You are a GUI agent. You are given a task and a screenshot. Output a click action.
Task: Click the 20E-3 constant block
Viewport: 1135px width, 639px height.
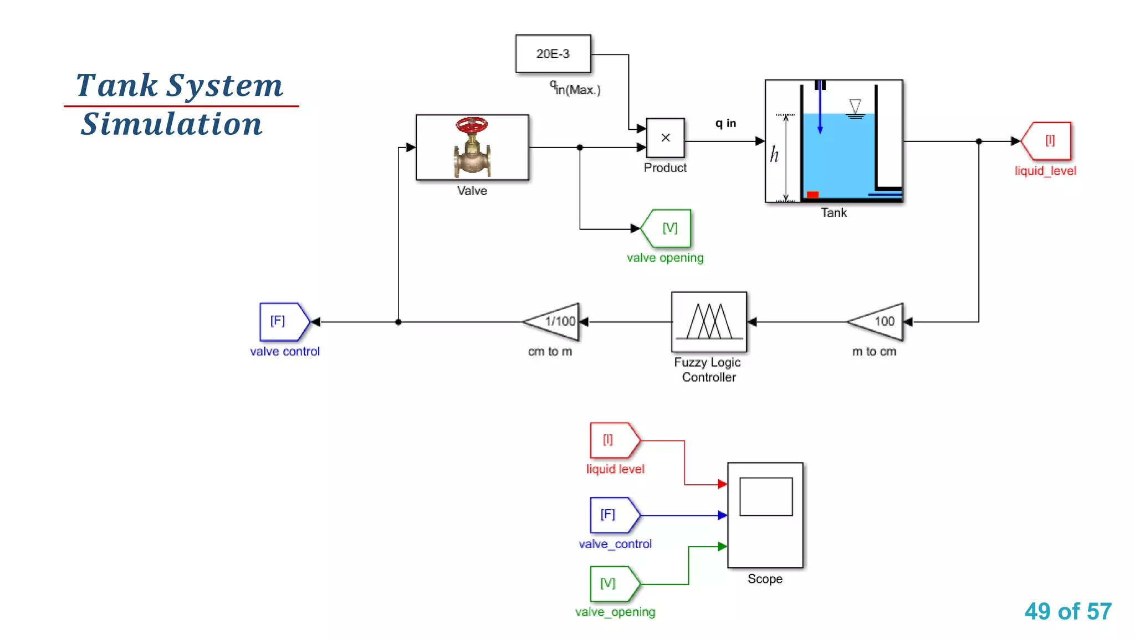coord(553,54)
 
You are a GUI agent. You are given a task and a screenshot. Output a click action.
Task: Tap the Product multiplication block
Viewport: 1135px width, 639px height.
coord(665,138)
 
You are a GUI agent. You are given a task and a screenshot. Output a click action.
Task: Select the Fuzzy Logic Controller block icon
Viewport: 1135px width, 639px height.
coord(709,322)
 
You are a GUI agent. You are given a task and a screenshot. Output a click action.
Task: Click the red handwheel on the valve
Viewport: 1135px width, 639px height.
coord(472,125)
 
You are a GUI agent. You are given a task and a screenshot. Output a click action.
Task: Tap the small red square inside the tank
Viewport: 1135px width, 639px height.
coord(812,194)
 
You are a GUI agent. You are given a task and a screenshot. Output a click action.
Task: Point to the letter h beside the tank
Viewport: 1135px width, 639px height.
coord(774,154)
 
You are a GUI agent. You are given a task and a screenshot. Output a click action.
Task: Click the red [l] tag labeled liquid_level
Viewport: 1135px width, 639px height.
coord(1047,141)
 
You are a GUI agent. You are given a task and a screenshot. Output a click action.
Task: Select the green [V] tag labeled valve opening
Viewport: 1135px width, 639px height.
coord(667,229)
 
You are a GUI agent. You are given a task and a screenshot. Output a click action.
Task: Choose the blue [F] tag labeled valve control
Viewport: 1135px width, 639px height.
coord(283,322)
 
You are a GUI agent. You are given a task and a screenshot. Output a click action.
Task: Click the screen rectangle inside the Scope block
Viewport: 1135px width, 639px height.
coord(766,496)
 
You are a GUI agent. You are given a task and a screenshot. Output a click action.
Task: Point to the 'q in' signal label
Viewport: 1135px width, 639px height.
coord(725,123)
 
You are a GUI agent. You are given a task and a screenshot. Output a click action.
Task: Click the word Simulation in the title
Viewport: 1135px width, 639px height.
coord(172,124)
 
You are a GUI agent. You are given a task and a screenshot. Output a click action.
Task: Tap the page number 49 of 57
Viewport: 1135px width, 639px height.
coord(1068,611)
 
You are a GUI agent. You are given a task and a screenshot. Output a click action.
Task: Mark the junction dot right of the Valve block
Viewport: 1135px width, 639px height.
coord(580,148)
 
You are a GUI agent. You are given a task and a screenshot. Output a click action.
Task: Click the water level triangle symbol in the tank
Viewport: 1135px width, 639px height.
coord(855,105)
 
